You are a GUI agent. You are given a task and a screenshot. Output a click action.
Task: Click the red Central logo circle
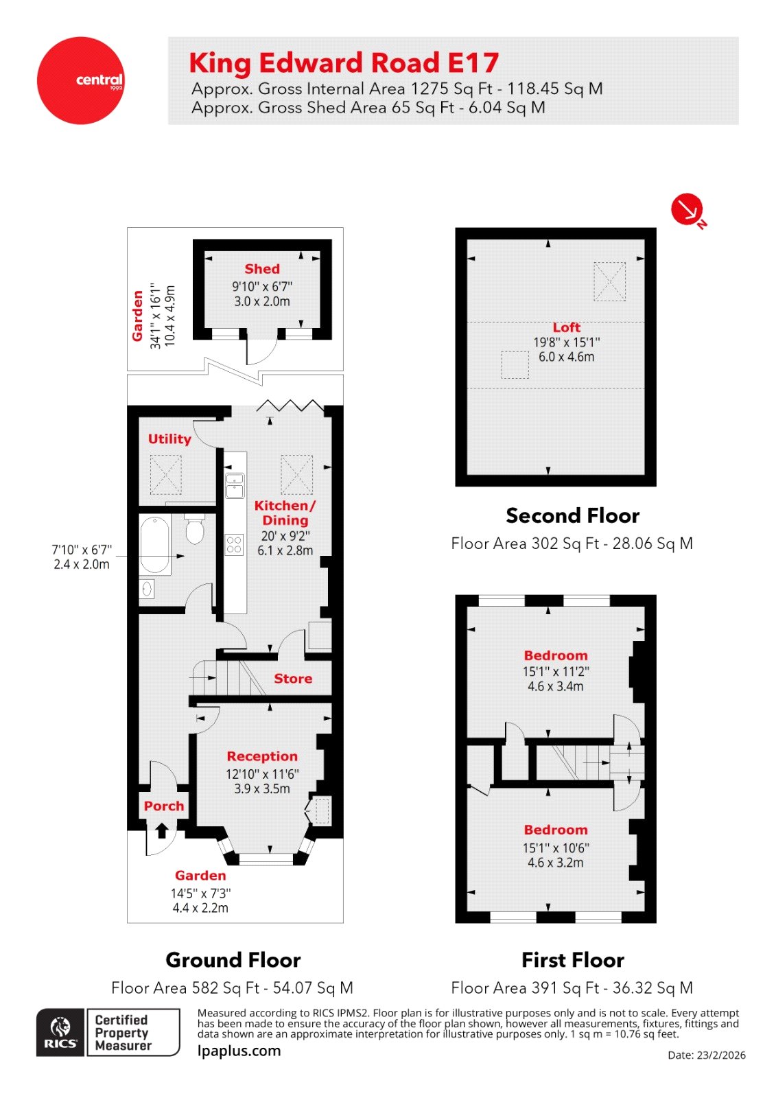80,80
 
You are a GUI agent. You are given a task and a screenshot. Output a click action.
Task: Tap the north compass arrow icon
687,210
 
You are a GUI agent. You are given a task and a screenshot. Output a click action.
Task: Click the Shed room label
262,269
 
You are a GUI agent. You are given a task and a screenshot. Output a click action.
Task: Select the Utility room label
169,439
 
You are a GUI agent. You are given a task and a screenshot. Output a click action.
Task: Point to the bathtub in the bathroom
155,545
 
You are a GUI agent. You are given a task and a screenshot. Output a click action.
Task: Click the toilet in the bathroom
195,530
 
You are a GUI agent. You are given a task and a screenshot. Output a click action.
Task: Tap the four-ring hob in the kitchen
234,545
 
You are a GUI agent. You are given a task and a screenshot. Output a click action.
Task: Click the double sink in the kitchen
235,484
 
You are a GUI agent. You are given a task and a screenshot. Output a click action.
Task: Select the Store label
293,679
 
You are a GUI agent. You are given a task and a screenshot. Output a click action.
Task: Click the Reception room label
262,756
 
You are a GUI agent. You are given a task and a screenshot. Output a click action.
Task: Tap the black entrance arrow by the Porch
162,831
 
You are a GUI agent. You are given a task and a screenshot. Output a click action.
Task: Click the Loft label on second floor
567,327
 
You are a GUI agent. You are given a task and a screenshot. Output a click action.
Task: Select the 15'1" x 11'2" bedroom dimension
556,671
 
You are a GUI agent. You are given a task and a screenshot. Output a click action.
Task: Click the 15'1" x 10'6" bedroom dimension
556,848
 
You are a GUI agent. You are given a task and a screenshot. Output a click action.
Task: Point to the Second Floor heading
572,515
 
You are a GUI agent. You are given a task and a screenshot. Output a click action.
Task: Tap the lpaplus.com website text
239,1051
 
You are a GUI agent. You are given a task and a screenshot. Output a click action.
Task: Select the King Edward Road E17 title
344,63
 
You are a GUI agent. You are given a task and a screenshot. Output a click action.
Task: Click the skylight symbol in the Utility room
166,474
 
